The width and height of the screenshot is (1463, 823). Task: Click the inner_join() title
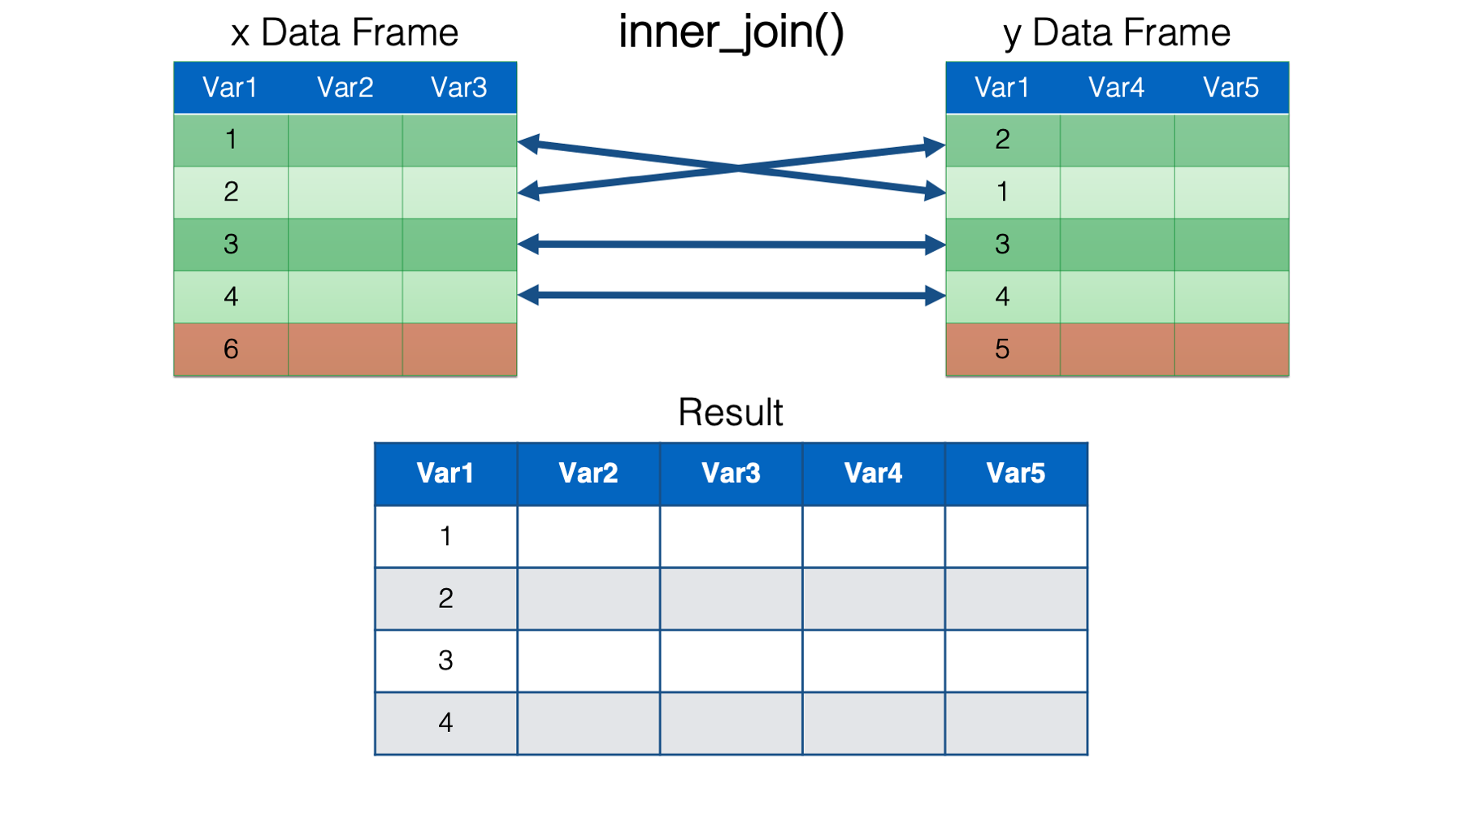click(x=731, y=32)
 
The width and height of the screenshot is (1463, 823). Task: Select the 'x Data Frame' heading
click(x=345, y=32)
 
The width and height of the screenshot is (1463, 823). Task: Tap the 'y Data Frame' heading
click(x=1117, y=33)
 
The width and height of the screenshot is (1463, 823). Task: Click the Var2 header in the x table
click(x=345, y=87)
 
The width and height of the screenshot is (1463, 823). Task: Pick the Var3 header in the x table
click(x=459, y=87)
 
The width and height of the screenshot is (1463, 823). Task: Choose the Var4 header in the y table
click(x=1117, y=87)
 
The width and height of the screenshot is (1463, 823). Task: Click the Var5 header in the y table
click(x=1231, y=87)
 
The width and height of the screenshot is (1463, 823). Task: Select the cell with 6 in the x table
click(x=231, y=349)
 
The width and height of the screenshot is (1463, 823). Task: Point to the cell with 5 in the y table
click(x=1003, y=349)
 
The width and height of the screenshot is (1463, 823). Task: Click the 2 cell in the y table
click(x=1003, y=140)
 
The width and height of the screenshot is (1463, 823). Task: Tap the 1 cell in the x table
click(x=231, y=140)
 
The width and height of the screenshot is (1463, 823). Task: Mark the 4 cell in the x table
click(x=231, y=297)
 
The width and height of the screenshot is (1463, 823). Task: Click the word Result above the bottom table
click(x=731, y=413)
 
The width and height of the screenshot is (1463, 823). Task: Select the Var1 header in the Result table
click(x=445, y=474)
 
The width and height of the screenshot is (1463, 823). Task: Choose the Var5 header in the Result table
click(x=1016, y=474)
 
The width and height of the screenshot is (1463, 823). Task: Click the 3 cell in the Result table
click(x=445, y=661)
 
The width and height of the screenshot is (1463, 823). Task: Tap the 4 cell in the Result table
click(x=445, y=723)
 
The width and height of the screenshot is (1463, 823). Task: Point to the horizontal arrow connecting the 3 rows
click(x=731, y=244)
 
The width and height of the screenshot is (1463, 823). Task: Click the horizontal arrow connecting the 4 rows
click(x=731, y=296)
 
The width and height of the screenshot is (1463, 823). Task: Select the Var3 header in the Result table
click(x=731, y=474)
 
